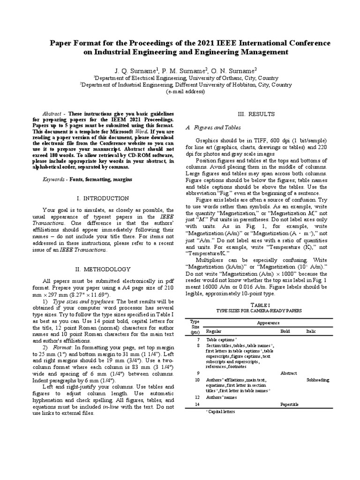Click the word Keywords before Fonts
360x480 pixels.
[53, 179]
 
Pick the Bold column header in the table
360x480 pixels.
[285, 331]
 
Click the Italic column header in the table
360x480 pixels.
[311, 331]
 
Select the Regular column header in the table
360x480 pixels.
[214, 331]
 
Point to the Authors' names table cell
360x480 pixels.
[222, 397]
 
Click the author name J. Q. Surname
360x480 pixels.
[135, 70]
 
